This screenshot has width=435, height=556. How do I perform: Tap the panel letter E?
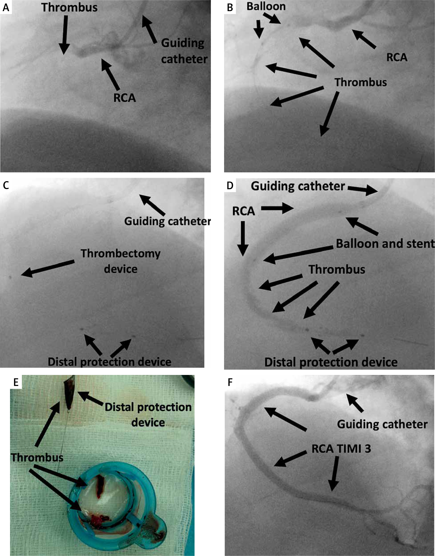coord(16,382)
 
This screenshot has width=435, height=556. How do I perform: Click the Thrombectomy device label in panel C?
coord(120,261)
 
